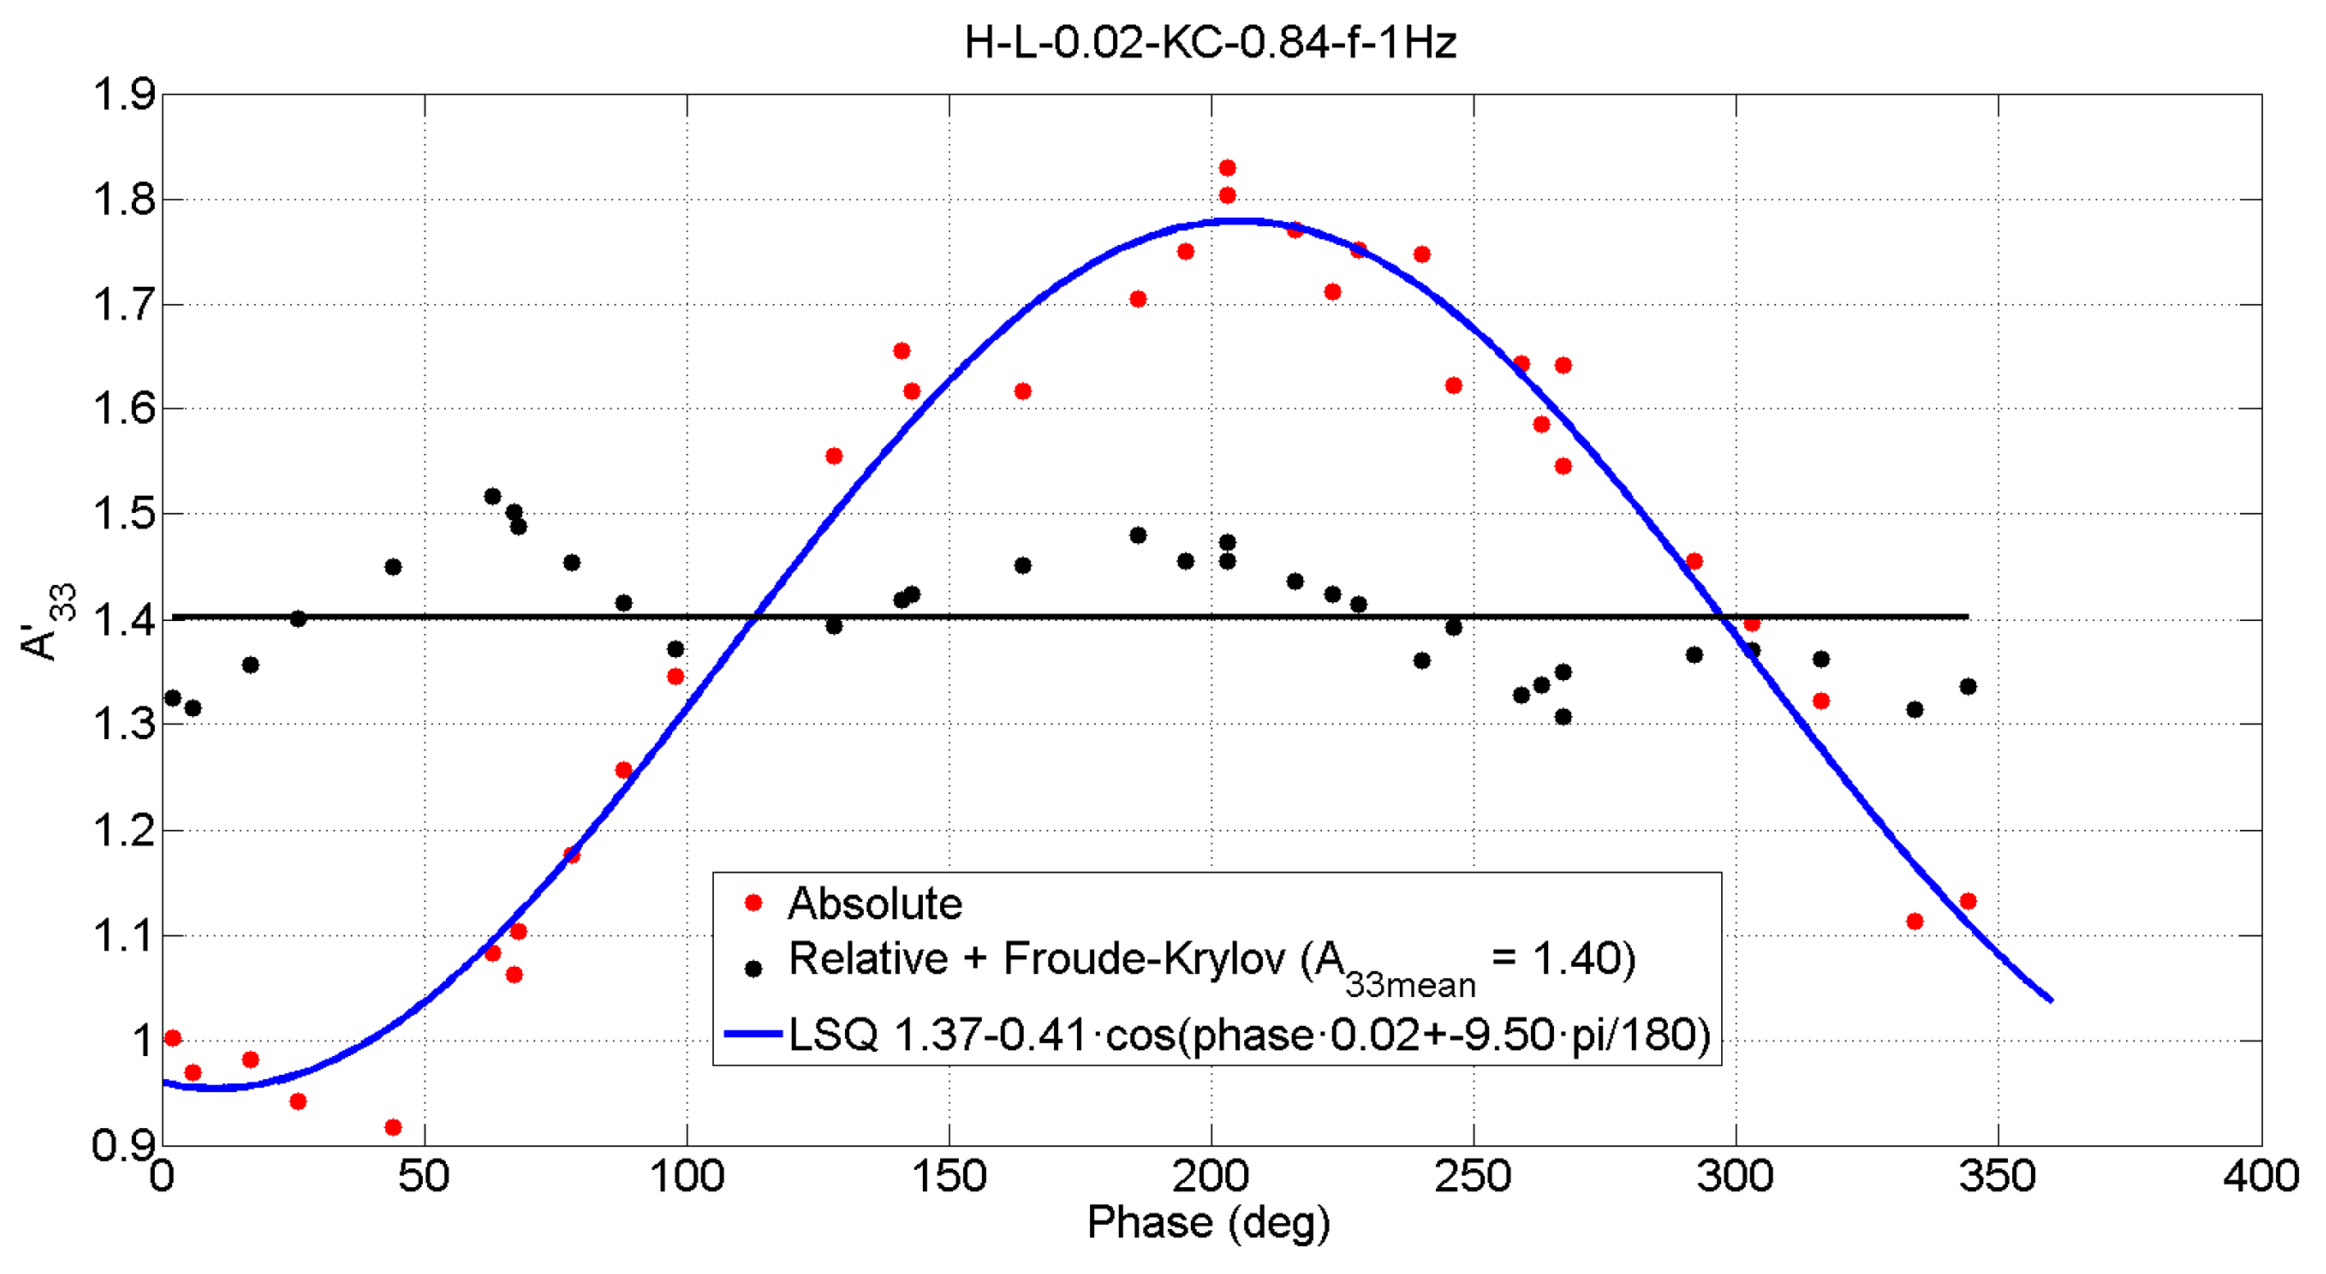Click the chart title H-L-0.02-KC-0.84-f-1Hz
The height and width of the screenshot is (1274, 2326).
pos(1210,43)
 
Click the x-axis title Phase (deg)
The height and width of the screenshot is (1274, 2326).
pos(1208,1222)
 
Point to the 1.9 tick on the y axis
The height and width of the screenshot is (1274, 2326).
pos(125,95)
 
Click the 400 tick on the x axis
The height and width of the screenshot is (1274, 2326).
pos(2260,1177)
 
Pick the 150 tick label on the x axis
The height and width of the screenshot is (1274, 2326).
pos(949,1177)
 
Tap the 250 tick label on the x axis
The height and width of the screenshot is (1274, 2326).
pos(1473,1177)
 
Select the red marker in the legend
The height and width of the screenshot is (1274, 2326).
pos(753,903)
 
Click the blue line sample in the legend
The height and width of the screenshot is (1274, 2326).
pos(753,1033)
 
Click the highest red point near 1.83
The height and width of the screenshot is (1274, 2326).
pos(1227,168)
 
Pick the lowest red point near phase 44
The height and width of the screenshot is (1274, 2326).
pos(393,1127)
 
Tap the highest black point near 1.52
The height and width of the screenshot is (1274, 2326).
pos(492,496)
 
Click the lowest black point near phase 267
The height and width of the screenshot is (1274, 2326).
pos(1563,717)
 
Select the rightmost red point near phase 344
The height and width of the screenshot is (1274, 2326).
pos(1969,901)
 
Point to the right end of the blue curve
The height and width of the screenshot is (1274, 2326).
pos(2051,1000)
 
